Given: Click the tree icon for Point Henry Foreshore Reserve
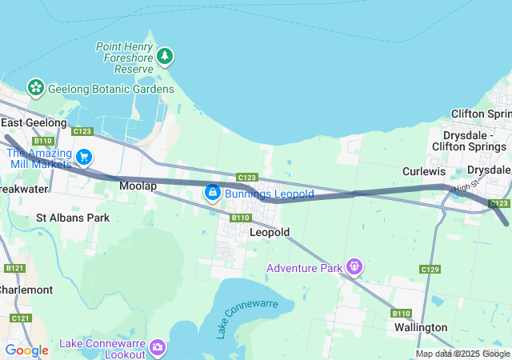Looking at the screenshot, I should click(166, 56).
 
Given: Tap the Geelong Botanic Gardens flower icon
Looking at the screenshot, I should click(35, 87).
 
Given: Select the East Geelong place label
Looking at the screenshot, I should click(34, 122).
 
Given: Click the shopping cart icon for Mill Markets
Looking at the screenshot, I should click(84, 157).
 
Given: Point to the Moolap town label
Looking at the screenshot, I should click(138, 186).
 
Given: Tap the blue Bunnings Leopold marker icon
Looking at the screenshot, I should click(212, 193).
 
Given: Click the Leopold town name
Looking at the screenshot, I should click(269, 232).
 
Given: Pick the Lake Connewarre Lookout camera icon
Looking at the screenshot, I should click(158, 346).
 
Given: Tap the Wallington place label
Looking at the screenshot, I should click(421, 327).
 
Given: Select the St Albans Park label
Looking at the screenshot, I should click(73, 218).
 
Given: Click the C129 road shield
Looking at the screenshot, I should click(430, 270).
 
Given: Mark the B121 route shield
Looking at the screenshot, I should click(14, 269).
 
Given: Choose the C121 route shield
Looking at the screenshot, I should click(21, 318).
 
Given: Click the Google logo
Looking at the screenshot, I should click(26, 350).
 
